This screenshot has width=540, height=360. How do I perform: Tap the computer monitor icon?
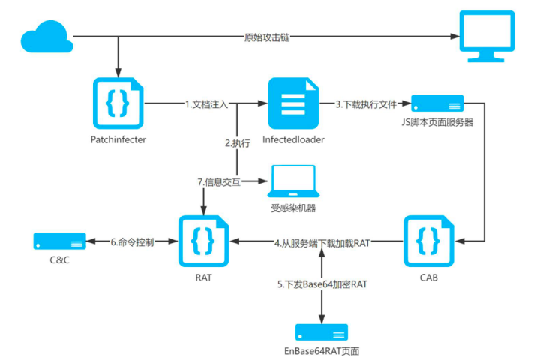click(488, 37)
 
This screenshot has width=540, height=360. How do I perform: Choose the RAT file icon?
click(203, 241)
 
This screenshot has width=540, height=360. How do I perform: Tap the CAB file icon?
click(429, 241)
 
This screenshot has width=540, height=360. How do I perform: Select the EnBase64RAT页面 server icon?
click(321, 331)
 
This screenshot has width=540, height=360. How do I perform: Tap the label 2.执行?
click(238, 142)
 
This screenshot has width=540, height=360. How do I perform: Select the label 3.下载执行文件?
click(365, 104)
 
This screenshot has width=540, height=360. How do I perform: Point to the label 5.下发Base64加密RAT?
click(322, 285)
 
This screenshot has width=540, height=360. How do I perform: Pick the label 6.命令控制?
click(132, 242)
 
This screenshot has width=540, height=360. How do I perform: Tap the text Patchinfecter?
click(116, 139)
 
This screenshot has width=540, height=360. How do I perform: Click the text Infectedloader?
click(293, 139)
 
